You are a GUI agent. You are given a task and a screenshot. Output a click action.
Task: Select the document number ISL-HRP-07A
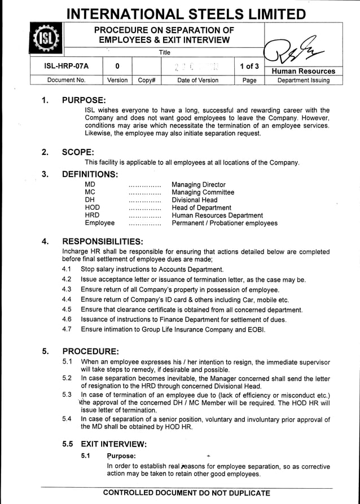point(66,67)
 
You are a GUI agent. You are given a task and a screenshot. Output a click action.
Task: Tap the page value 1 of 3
point(249,67)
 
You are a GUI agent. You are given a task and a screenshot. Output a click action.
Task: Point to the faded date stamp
point(197,67)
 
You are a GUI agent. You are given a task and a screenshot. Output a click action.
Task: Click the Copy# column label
point(146,80)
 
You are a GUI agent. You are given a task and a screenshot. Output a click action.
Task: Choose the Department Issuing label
point(303,80)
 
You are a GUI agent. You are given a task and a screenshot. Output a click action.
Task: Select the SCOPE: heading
point(78,152)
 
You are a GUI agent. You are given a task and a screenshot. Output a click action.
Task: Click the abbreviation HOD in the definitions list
point(92,207)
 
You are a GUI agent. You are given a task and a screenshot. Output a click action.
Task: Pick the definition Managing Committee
point(203,192)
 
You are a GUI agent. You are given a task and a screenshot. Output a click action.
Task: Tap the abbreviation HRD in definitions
point(92,215)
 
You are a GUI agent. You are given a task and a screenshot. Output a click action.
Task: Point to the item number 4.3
point(67,290)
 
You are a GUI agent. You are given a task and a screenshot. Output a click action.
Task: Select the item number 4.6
point(67,320)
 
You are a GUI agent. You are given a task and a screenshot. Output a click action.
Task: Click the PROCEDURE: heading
point(90,351)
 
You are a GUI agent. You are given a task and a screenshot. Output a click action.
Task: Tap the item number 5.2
point(67,378)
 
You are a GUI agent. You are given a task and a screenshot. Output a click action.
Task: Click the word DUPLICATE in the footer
point(244,493)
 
